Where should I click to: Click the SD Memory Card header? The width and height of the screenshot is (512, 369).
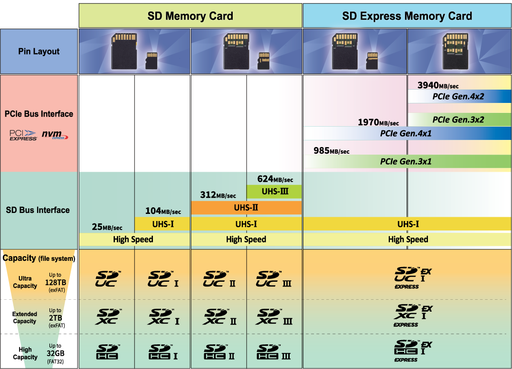click(190, 16)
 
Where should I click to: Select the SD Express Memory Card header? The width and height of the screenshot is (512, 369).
click(407, 16)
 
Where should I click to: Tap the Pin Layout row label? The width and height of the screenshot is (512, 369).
click(39, 51)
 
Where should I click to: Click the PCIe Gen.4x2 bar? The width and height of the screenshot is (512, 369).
click(458, 96)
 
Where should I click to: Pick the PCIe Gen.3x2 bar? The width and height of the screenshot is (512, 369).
click(458, 120)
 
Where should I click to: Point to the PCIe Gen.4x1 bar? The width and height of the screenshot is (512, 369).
click(406, 133)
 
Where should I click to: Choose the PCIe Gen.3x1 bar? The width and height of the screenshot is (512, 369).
click(406, 161)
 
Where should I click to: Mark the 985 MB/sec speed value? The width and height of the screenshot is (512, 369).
click(331, 151)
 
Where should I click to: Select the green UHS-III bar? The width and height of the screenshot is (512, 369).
click(274, 192)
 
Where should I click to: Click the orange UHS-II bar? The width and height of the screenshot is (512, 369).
click(246, 207)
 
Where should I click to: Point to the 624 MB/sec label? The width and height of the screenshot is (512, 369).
click(275, 179)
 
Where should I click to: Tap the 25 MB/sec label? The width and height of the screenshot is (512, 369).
click(107, 227)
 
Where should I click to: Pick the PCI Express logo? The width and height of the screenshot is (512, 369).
click(23, 135)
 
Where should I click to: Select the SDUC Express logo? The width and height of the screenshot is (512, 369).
click(413, 277)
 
